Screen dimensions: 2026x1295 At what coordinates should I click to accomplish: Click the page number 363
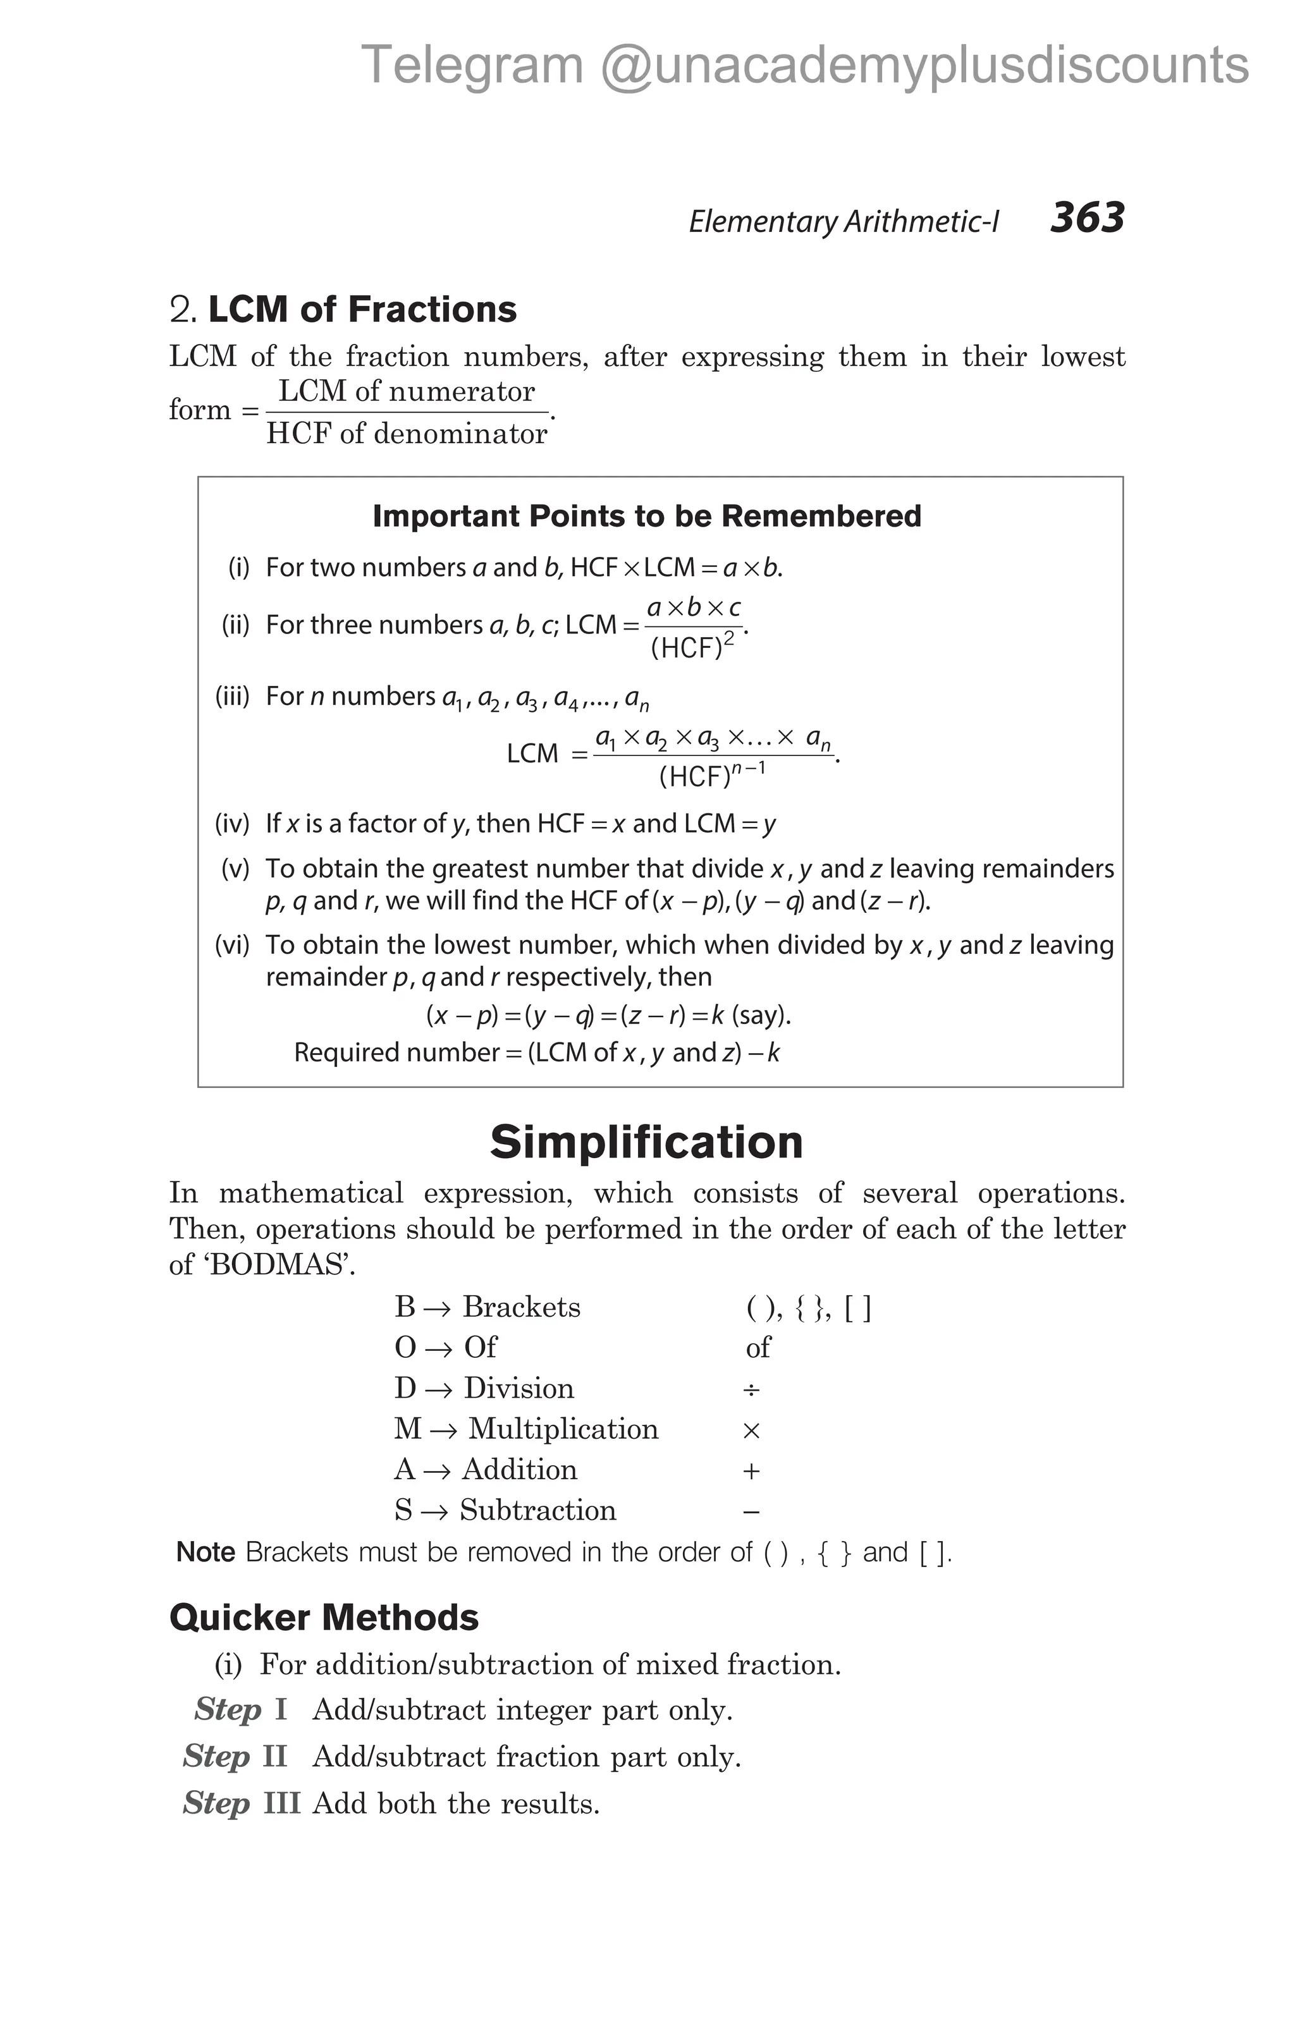click(x=1086, y=218)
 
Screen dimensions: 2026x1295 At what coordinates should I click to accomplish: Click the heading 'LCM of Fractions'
click(x=362, y=310)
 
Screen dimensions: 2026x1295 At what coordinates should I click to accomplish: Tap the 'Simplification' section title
click(x=646, y=1142)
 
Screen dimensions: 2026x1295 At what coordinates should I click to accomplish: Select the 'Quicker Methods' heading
click(x=324, y=1617)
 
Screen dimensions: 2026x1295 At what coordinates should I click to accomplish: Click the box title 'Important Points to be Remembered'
click(x=646, y=516)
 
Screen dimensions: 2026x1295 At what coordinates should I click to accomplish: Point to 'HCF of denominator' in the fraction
click(x=407, y=433)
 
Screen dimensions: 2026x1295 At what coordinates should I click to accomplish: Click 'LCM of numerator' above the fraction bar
click(x=407, y=391)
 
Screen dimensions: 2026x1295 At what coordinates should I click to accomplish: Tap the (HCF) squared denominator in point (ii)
click(x=692, y=645)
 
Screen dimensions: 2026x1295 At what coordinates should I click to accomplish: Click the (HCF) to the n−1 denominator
click(x=711, y=774)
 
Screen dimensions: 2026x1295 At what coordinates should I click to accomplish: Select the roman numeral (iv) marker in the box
click(x=232, y=823)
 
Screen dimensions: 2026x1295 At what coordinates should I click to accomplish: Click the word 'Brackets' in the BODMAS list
click(x=522, y=1307)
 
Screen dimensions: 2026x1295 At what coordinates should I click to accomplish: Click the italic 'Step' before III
click(x=216, y=1802)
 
